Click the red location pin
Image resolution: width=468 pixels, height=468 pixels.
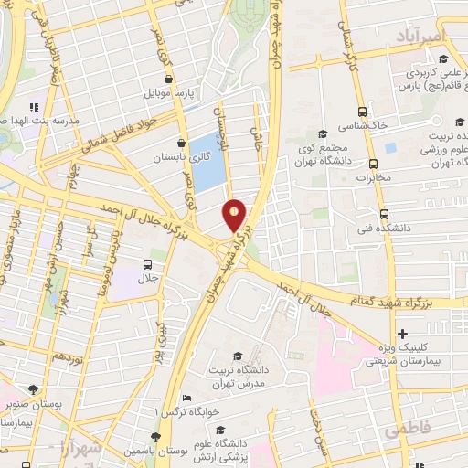coord(235,216)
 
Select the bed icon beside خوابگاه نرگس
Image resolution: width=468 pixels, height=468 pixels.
coord(187,399)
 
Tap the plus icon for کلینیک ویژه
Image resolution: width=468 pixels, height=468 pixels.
coord(402,334)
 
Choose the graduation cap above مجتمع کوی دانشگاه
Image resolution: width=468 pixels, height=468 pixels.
coord(327,133)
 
